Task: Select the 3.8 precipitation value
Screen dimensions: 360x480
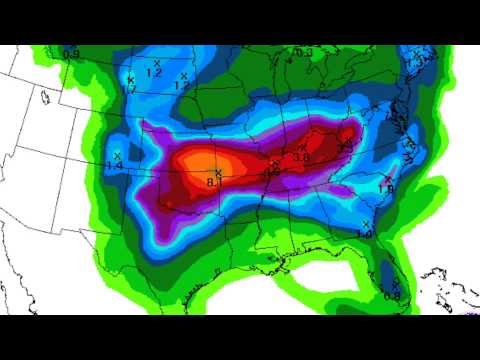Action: pos(299,157)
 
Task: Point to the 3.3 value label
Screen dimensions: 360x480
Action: pos(344,146)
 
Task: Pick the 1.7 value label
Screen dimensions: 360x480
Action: pos(130,89)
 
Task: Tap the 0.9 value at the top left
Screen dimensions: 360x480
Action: pos(71,53)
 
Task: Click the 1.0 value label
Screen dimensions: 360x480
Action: pos(365,233)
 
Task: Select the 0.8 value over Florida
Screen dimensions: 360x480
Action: pos(391,294)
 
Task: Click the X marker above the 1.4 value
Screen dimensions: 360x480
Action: pos(117,155)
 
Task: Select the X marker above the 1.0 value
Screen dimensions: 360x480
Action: pos(367,223)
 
